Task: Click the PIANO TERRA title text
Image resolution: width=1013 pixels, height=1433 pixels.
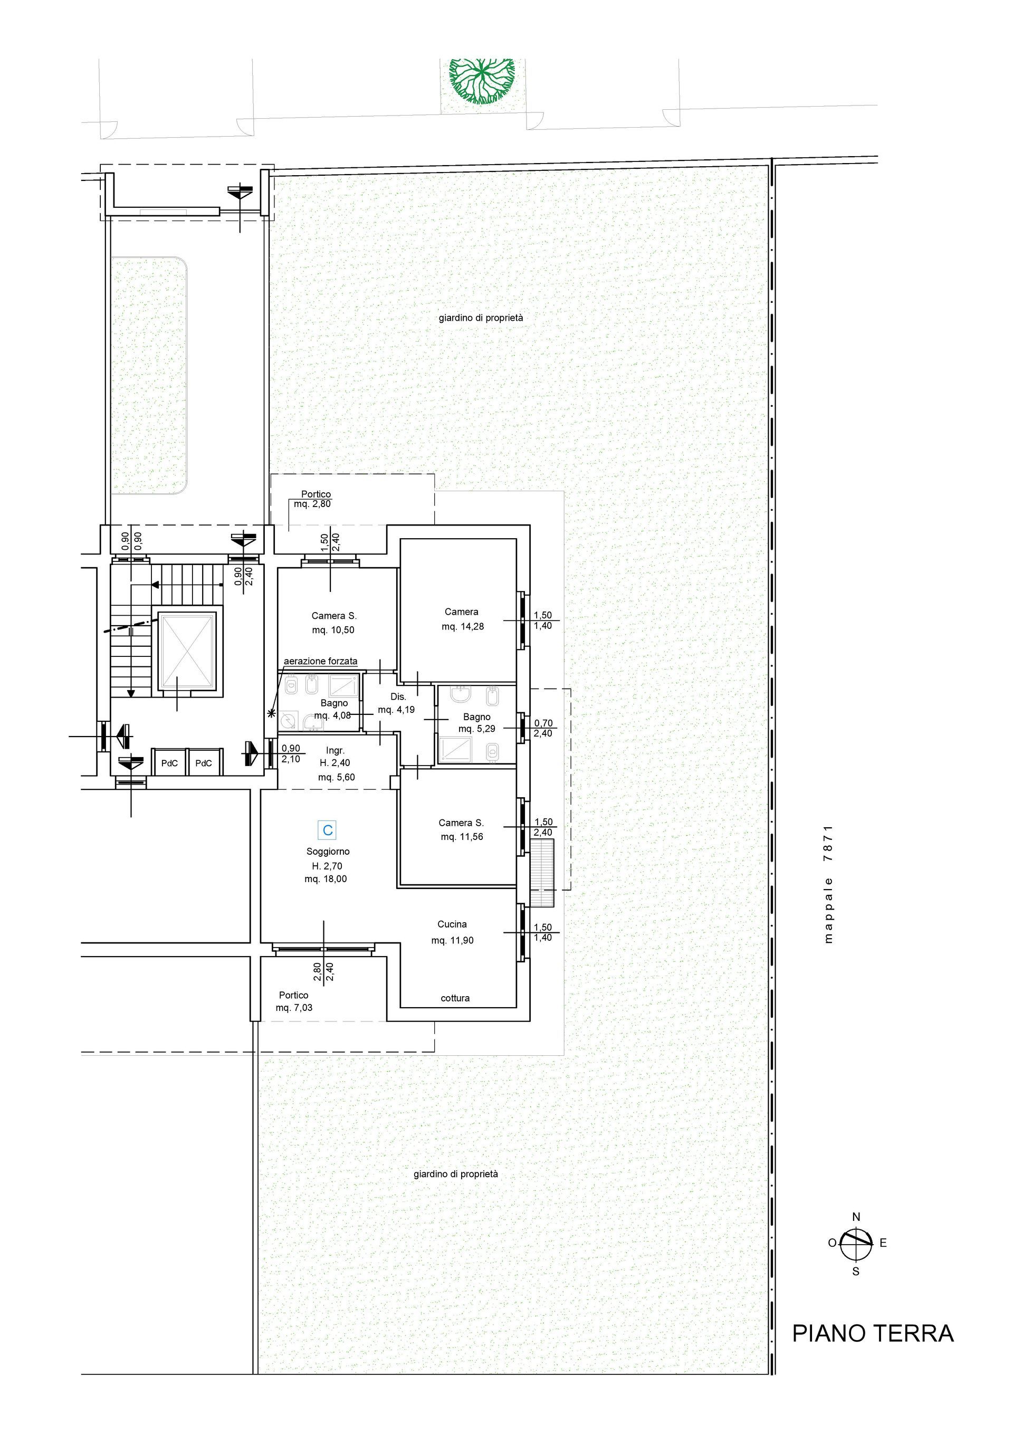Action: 873,1333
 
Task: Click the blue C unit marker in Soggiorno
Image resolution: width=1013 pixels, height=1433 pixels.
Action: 328,830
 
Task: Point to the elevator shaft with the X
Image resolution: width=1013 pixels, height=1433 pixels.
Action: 188,652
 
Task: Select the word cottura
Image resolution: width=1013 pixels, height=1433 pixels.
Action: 455,998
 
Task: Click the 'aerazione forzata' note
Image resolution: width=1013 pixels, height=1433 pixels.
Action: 321,661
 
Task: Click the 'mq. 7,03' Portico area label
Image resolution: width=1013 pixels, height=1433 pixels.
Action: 294,1007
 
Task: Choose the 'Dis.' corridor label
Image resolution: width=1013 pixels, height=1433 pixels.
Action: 398,696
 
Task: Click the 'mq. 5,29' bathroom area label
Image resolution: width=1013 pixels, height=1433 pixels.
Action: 477,728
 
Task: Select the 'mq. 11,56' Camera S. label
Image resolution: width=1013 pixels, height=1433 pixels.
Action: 462,836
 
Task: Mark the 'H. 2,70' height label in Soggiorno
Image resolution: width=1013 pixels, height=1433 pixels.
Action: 327,866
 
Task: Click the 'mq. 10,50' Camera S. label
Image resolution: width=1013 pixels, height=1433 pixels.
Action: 333,630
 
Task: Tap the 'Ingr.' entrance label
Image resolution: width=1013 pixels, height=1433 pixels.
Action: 335,750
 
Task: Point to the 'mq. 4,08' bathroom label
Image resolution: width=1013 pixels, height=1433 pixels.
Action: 333,716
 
